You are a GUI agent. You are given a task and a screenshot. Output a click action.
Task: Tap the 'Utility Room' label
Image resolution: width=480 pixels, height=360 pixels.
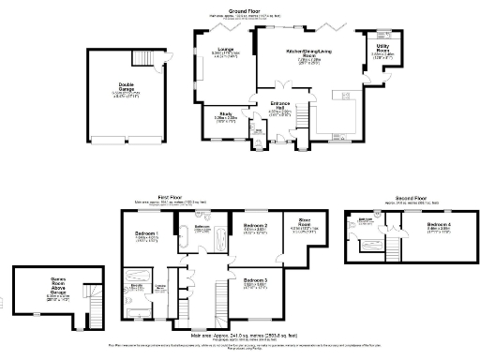[382, 47]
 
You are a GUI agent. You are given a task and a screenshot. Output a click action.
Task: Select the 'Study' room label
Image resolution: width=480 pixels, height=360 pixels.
[226, 115]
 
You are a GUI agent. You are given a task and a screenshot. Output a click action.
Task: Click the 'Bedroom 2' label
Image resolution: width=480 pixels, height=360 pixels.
[256, 227]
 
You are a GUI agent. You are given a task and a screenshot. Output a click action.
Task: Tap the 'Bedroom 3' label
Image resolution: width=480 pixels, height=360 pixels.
[256, 280]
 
